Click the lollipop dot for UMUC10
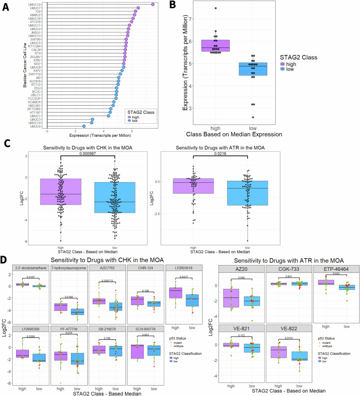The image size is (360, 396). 153,4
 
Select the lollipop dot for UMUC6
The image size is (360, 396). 84,126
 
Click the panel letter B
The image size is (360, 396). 172,6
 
